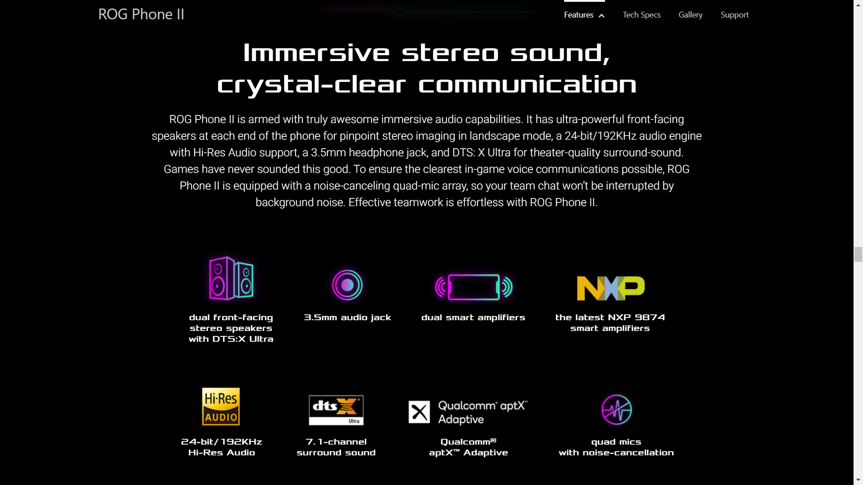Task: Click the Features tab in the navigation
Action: click(x=579, y=15)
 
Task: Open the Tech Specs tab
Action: click(x=641, y=15)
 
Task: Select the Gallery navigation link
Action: click(x=690, y=15)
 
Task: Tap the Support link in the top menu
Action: click(x=734, y=15)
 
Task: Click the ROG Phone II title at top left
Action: click(x=141, y=14)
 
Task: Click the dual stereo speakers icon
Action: click(x=231, y=278)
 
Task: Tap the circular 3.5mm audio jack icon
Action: click(x=347, y=285)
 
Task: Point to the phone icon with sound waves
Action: click(x=474, y=287)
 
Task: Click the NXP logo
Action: click(x=611, y=288)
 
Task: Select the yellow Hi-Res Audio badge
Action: click(x=221, y=406)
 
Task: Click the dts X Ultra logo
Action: click(x=336, y=410)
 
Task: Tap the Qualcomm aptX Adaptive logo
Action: click(x=468, y=412)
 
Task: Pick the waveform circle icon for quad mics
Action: click(x=617, y=410)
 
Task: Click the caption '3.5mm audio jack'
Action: click(x=347, y=317)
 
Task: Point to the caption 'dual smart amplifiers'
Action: click(x=473, y=317)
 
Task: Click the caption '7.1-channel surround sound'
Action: click(x=336, y=447)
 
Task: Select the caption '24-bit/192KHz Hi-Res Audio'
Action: click(x=222, y=447)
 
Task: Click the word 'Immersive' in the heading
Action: click(x=316, y=53)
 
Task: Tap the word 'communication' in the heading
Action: click(x=528, y=84)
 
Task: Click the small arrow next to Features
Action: click(x=601, y=16)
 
